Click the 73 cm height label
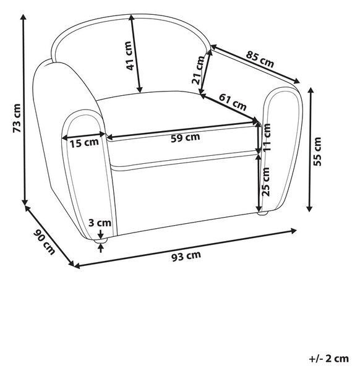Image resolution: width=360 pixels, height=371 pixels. [17, 118]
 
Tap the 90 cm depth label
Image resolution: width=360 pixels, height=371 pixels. [45, 242]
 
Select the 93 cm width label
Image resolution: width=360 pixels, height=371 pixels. [186, 256]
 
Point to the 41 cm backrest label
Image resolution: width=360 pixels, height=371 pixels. [129, 56]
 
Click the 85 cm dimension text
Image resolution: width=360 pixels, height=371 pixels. [260, 59]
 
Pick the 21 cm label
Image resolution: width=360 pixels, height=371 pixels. [198, 70]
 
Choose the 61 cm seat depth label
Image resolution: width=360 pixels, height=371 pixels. [233, 102]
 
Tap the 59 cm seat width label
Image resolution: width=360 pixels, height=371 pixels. [186, 137]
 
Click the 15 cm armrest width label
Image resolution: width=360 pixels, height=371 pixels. [84, 143]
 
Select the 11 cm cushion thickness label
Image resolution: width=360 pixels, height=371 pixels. [266, 137]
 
